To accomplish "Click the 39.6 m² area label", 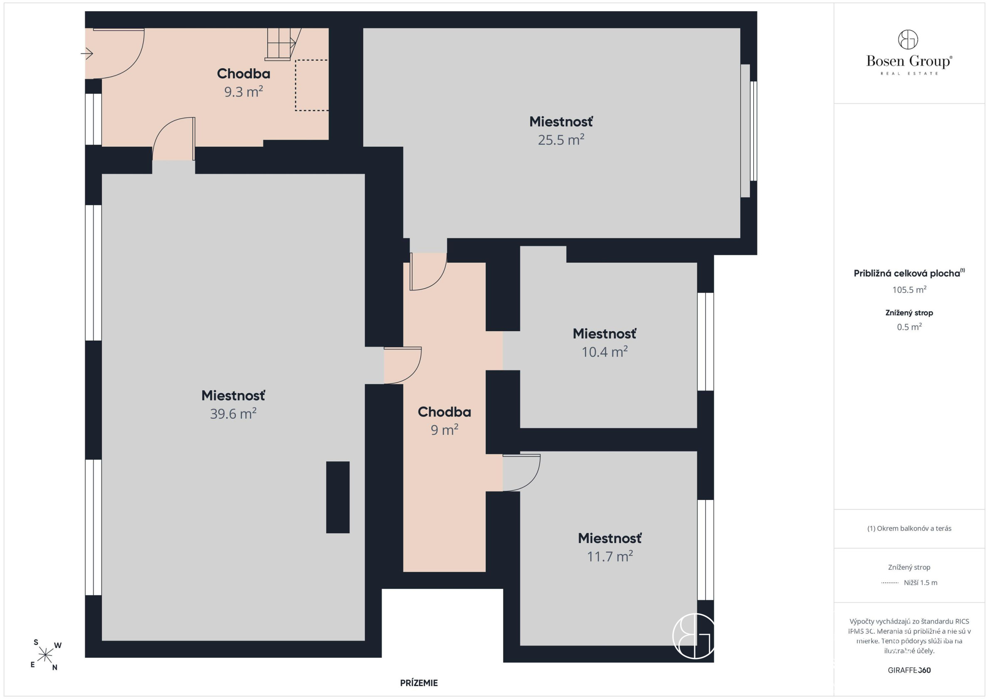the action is [x=233, y=414].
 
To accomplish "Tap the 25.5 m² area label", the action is [x=561, y=140].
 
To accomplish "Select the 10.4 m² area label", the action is [x=604, y=352].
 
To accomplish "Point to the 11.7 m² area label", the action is [x=610, y=556].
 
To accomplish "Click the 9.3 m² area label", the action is [x=243, y=92].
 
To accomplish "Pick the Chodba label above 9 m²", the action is [x=444, y=412].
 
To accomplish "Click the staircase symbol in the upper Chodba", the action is [x=283, y=44].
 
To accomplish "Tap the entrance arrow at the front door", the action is [x=86, y=54].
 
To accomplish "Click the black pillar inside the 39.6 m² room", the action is [x=338, y=497].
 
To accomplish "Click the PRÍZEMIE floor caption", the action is [x=419, y=683].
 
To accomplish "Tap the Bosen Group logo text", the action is [x=909, y=61].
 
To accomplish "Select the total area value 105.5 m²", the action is [x=909, y=290].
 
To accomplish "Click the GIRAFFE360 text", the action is [x=909, y=670].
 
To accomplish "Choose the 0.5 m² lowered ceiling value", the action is [x=909, y=327].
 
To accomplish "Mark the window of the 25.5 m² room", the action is [x=753, y=131].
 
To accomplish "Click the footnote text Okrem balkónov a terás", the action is [x=909, y=529].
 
